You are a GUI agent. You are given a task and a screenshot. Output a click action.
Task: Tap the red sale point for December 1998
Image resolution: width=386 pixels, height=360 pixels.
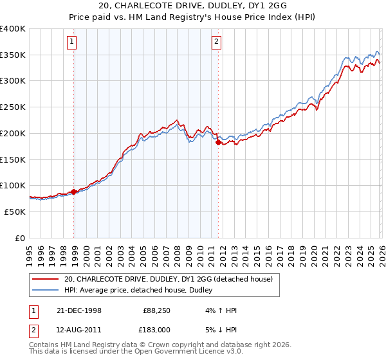point(74,191)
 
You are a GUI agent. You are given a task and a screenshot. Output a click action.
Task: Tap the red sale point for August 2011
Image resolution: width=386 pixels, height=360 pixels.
point(218,143)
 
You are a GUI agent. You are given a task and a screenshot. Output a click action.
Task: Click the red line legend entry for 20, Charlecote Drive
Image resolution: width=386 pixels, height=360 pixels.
point(169,279)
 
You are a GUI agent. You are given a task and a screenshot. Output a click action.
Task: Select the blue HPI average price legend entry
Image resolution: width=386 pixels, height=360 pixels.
point(142,291)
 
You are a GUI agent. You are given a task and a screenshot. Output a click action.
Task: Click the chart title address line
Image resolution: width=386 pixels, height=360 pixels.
point(192,6)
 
